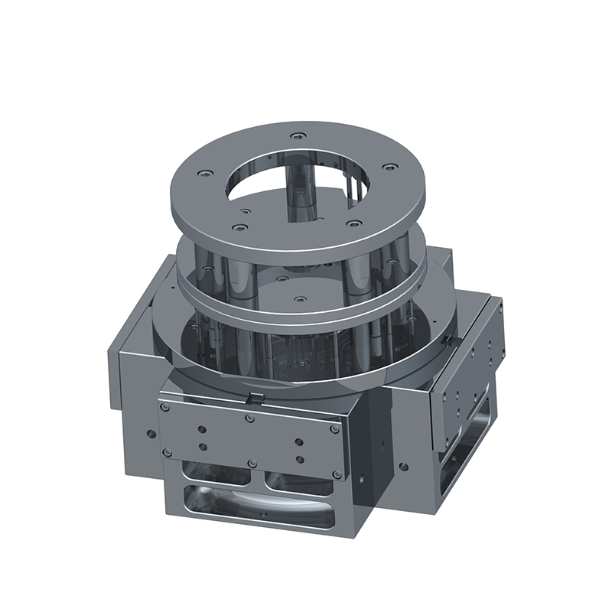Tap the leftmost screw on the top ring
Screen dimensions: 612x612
point(203,174)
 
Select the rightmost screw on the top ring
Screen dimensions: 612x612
point(391,166)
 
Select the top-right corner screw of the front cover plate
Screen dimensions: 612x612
point(334,429)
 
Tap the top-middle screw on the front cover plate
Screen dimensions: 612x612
point(249,418)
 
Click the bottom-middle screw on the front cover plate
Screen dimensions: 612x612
point(249,464)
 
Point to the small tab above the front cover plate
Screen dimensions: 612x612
point(256,396)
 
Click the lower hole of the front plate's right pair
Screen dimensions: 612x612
point(299,459)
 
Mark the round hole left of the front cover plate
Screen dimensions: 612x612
point(151,434)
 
